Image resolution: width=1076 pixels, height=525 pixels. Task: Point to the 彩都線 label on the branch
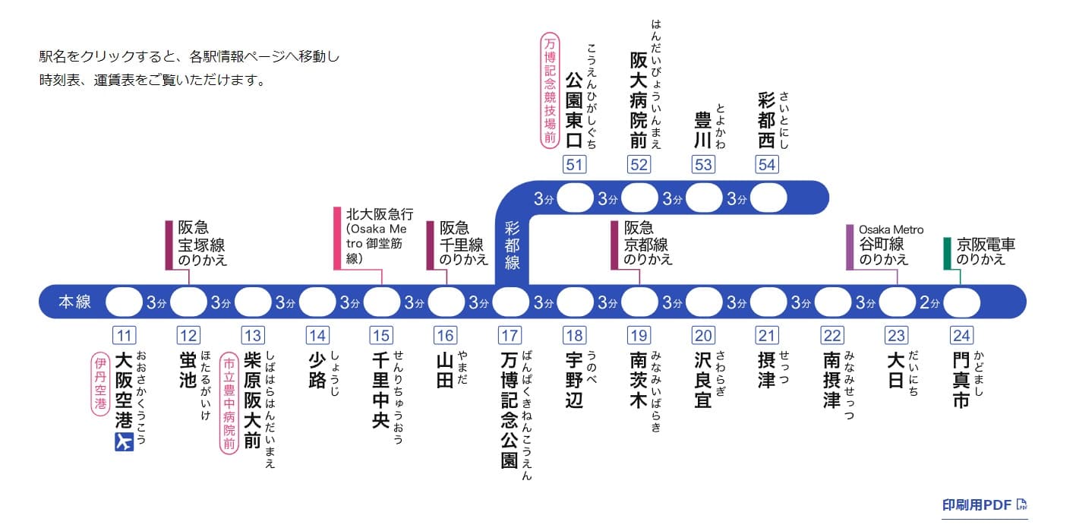[512, 244]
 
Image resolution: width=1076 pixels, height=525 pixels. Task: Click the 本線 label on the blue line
[74, 302]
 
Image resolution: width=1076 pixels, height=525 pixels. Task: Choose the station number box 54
[768, 164]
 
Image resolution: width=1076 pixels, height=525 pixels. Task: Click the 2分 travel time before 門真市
[929, 302]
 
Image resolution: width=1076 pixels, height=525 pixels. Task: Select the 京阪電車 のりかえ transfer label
[986, 251]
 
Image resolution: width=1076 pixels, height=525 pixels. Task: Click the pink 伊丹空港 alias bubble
[99, 384]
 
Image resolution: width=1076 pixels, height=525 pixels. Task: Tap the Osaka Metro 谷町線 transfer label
[890, 245]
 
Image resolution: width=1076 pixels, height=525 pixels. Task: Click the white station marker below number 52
[639, 199]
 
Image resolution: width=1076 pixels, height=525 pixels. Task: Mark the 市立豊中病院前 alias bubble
[229, 403]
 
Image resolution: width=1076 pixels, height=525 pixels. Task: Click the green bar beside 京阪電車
[947, 253]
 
